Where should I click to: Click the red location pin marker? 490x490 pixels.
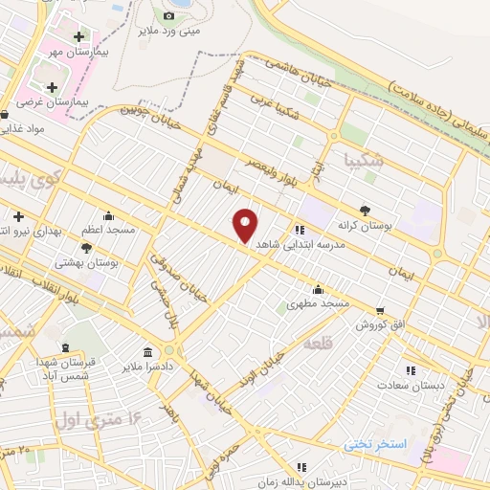[246, 226]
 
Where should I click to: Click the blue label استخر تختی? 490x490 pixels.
[375, 445]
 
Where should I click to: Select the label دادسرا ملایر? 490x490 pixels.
[145, 367]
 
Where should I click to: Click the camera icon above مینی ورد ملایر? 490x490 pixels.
[169, 15]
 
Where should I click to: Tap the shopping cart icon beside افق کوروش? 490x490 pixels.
[381, 310]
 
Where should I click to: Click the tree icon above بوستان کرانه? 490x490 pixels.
[365, 210]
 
